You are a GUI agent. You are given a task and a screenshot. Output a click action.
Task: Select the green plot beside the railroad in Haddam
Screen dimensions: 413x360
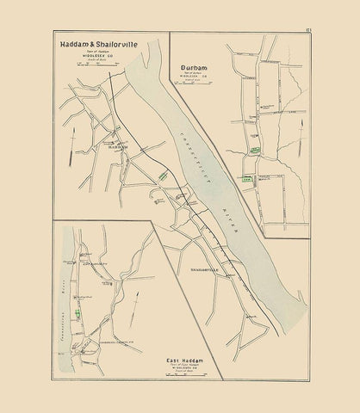tap(163, 175)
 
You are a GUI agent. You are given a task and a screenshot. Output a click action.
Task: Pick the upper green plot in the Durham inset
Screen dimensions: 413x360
tap(254, 150)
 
